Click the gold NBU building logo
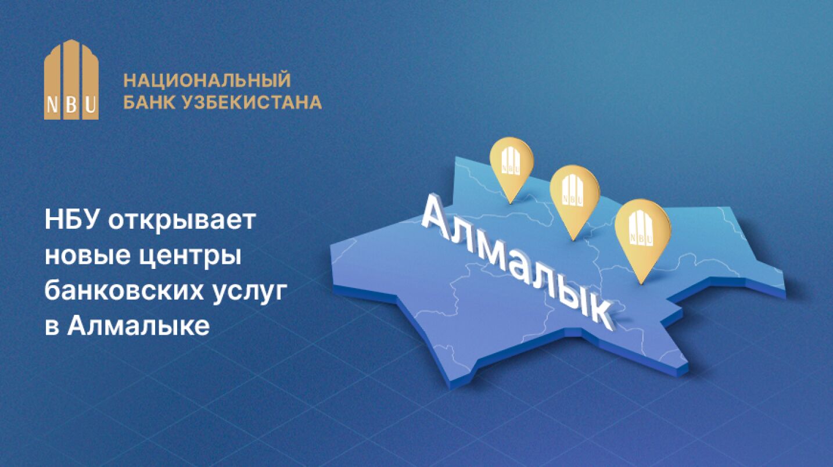click(x=71, y=80)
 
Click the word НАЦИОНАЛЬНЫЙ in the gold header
click(x=207, y=80)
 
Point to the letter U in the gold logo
click(x=91, y=105)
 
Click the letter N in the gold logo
click(x=53, y=105)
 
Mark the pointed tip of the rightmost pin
click(x=641, y=285)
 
